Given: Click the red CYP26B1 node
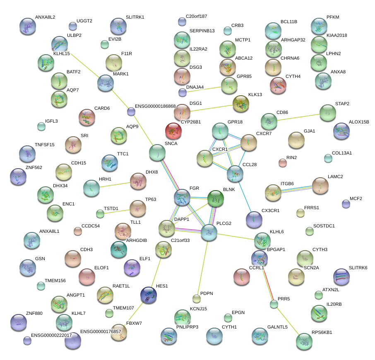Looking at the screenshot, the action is coord(173,131).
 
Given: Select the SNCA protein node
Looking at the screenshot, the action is coord(157,153).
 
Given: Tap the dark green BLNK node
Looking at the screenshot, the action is coord(215,199).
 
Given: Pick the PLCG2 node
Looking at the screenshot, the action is coord(209,233).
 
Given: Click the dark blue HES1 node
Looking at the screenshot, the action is coord(149,295).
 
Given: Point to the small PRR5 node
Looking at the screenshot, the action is coord(274,304).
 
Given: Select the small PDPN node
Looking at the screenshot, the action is coord(197,299).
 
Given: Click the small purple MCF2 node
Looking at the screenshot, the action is coord(346,203).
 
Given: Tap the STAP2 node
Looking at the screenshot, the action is coord(328,112).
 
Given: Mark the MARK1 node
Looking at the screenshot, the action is coord(105,83).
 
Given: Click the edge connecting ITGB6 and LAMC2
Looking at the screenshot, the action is coord(296,189).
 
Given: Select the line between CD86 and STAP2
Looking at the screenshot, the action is coord(298,117).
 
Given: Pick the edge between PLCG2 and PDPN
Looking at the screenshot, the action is coord(203,265).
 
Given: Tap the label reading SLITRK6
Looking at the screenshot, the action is coord(358,268).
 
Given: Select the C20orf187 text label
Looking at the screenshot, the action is coord(197,17).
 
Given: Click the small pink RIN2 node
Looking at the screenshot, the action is coord(283,163).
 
